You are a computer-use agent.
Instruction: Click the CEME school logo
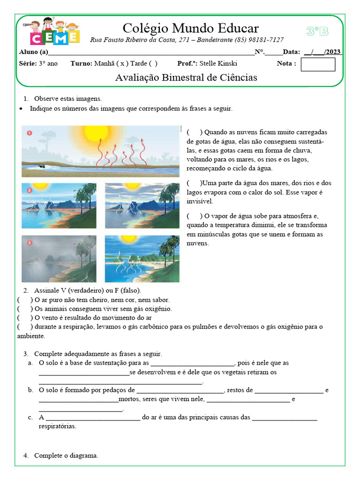54,32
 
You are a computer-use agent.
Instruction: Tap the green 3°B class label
317,31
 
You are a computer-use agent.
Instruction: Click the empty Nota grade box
318,64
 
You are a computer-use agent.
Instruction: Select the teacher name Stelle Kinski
218,64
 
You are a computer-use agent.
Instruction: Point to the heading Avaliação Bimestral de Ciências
186,78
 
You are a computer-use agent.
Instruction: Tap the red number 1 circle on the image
29,133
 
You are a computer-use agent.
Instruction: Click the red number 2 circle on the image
29,190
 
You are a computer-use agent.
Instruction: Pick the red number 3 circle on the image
29,243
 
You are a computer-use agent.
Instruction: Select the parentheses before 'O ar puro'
25,300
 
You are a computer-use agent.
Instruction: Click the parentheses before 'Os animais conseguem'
25,309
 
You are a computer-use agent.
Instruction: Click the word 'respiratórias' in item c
57,427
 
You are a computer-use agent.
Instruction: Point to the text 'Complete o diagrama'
66,456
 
